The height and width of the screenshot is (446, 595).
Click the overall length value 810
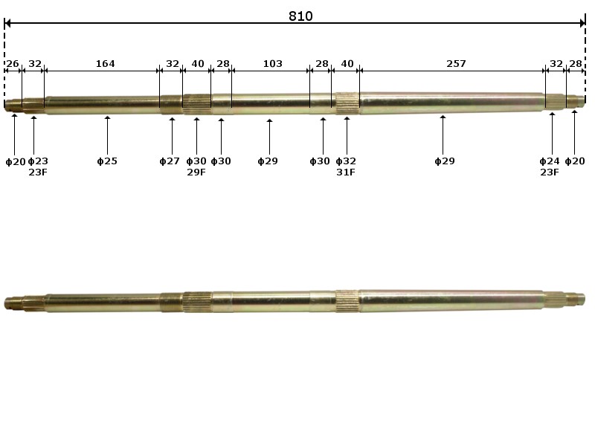point(300,16)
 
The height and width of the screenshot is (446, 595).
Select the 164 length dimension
point(105,64)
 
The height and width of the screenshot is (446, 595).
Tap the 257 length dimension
point(456,64)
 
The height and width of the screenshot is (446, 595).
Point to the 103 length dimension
point(272,64)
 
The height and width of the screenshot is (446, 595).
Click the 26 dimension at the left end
point(13,64)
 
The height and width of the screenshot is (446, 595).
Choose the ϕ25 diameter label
point(107,161)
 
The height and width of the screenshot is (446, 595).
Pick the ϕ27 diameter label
point(170,161)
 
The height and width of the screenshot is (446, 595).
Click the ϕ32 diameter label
point(346,161)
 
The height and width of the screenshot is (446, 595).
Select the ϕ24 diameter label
point(550,161)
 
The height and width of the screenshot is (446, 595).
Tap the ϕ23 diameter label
point(38,161)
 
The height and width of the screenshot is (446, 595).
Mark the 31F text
point(346,172)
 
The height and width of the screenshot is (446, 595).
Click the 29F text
point(196,172)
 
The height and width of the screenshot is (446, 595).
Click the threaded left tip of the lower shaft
point(12,303)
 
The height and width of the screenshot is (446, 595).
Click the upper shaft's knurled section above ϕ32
point(347,103)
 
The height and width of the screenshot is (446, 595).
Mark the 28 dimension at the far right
point(576,64)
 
